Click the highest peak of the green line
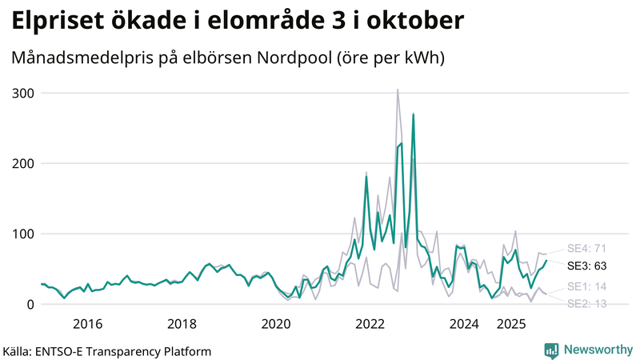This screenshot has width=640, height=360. (x=413, y=114)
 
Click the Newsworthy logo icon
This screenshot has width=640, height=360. (x=551, y=350)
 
